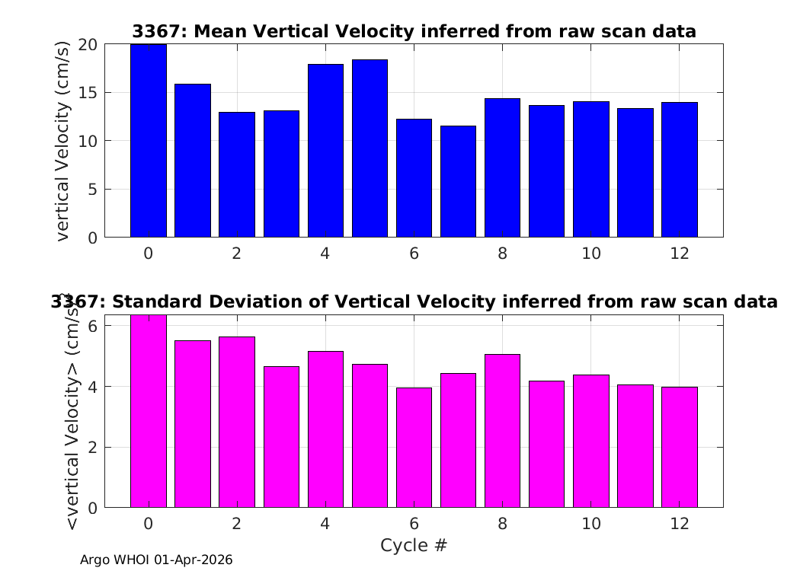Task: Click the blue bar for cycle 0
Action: click(149, 141)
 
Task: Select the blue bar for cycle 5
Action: click(370, 148)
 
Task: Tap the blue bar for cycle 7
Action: click(458, 181)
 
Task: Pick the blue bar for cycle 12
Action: click(680, 170)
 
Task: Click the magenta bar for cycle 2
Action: click(237, 422)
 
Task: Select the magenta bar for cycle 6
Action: click(414, 448)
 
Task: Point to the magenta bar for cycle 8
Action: click(503, 431)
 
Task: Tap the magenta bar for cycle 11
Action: click(635, 446)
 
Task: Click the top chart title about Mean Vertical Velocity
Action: click(414, 32)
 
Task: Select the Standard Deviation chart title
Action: click(414, 301)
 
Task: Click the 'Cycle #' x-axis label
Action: click(414, 545)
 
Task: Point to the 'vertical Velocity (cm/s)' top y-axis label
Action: click(62, 141)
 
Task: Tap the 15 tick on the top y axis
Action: click(88, 93)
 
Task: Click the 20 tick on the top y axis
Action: click(88, 45)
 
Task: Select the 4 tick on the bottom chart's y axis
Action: click(92, 387)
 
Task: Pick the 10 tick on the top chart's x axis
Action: click(590, 254)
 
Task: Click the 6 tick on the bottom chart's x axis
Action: click(414, 524)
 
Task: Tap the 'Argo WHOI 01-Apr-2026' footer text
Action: click(156, 560)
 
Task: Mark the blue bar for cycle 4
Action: click(325, 151)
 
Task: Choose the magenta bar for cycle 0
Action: click(149, 411)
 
